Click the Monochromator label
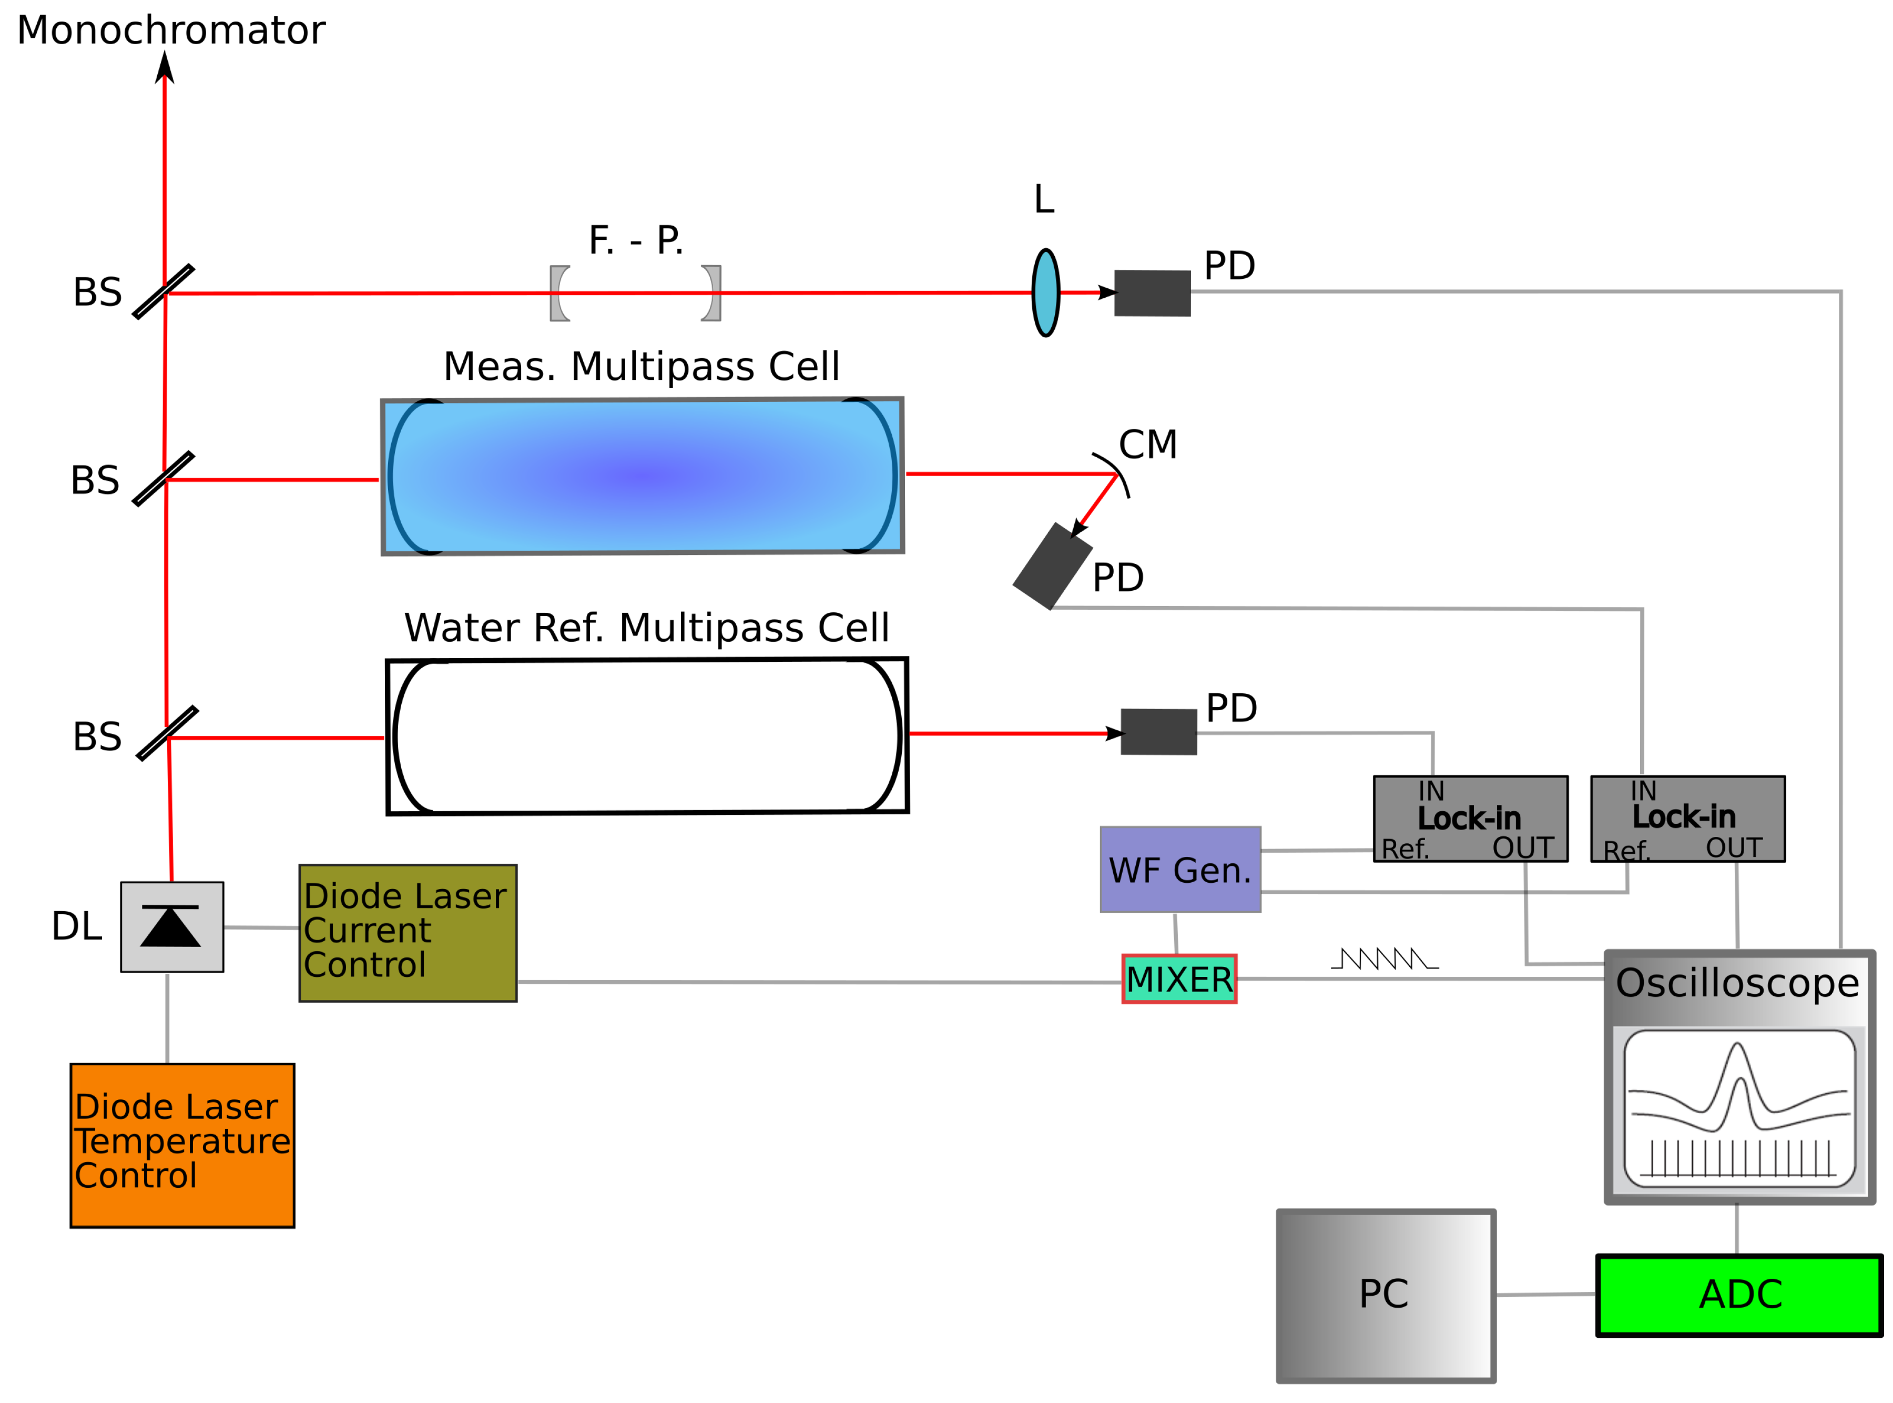point(170,31)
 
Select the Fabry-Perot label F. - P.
point(635,240)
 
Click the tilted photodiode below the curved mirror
point(1051,566)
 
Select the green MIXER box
point(1178,978)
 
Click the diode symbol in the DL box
point(170,926)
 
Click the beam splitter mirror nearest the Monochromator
point(164,291)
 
